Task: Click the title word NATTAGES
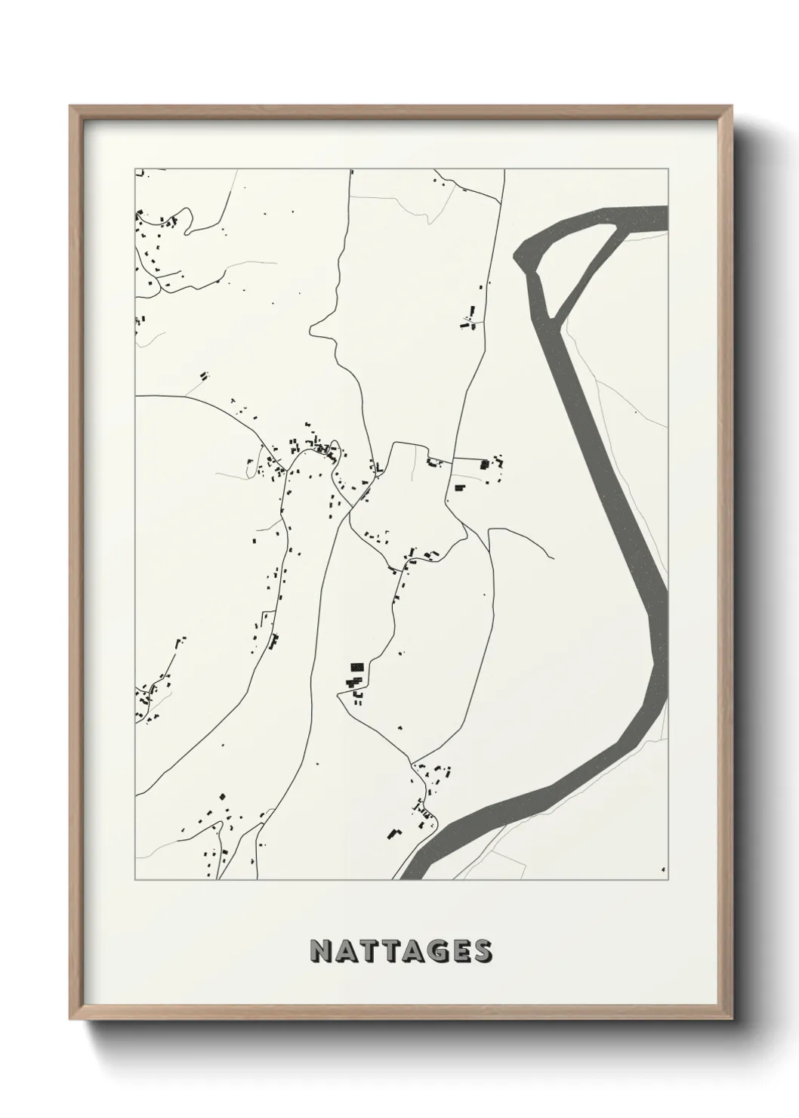400,951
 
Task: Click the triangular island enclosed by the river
572,264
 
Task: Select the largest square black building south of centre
356,668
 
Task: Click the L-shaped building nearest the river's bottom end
393,832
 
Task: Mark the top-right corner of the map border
668,168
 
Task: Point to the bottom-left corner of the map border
135,879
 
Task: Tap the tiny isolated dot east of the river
635,412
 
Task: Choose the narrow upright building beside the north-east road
473,312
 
